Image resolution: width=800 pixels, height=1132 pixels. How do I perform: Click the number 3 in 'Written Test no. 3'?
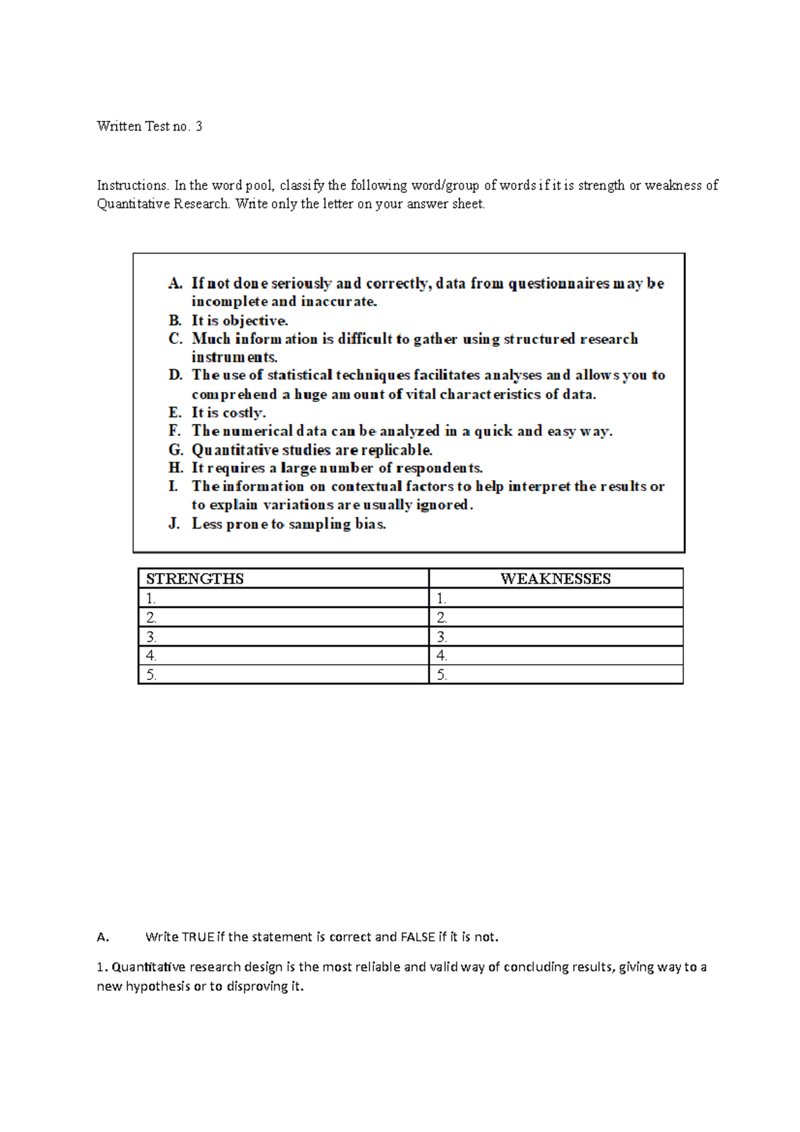[x=199, y=126]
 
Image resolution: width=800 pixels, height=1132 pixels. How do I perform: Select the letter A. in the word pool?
[x=175, y=283]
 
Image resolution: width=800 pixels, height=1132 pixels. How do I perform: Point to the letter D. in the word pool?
[x=175, y=375]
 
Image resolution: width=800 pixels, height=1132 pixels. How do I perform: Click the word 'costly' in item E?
[x=243, y=413]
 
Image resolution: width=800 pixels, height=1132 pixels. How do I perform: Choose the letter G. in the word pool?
[x=175, y=450]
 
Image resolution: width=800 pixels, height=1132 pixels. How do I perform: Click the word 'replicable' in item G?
[x=396, y=450]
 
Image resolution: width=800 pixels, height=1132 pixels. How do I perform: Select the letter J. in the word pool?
[x=174, y=524]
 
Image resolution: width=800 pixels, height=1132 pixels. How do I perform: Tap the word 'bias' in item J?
[x=370, y=524]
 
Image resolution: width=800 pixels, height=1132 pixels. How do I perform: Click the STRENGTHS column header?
[x=195, y=579]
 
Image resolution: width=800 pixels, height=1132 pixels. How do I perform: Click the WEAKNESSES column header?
[x=555, y=579]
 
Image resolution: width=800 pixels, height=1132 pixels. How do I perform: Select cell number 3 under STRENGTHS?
[x=283, y=637]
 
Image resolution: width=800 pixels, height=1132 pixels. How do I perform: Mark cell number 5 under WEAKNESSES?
[x=555, y=675]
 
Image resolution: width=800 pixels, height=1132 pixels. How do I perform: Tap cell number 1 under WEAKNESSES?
[x=555, y=598]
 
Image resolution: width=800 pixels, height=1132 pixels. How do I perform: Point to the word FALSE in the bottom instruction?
[x=417, y=937]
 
